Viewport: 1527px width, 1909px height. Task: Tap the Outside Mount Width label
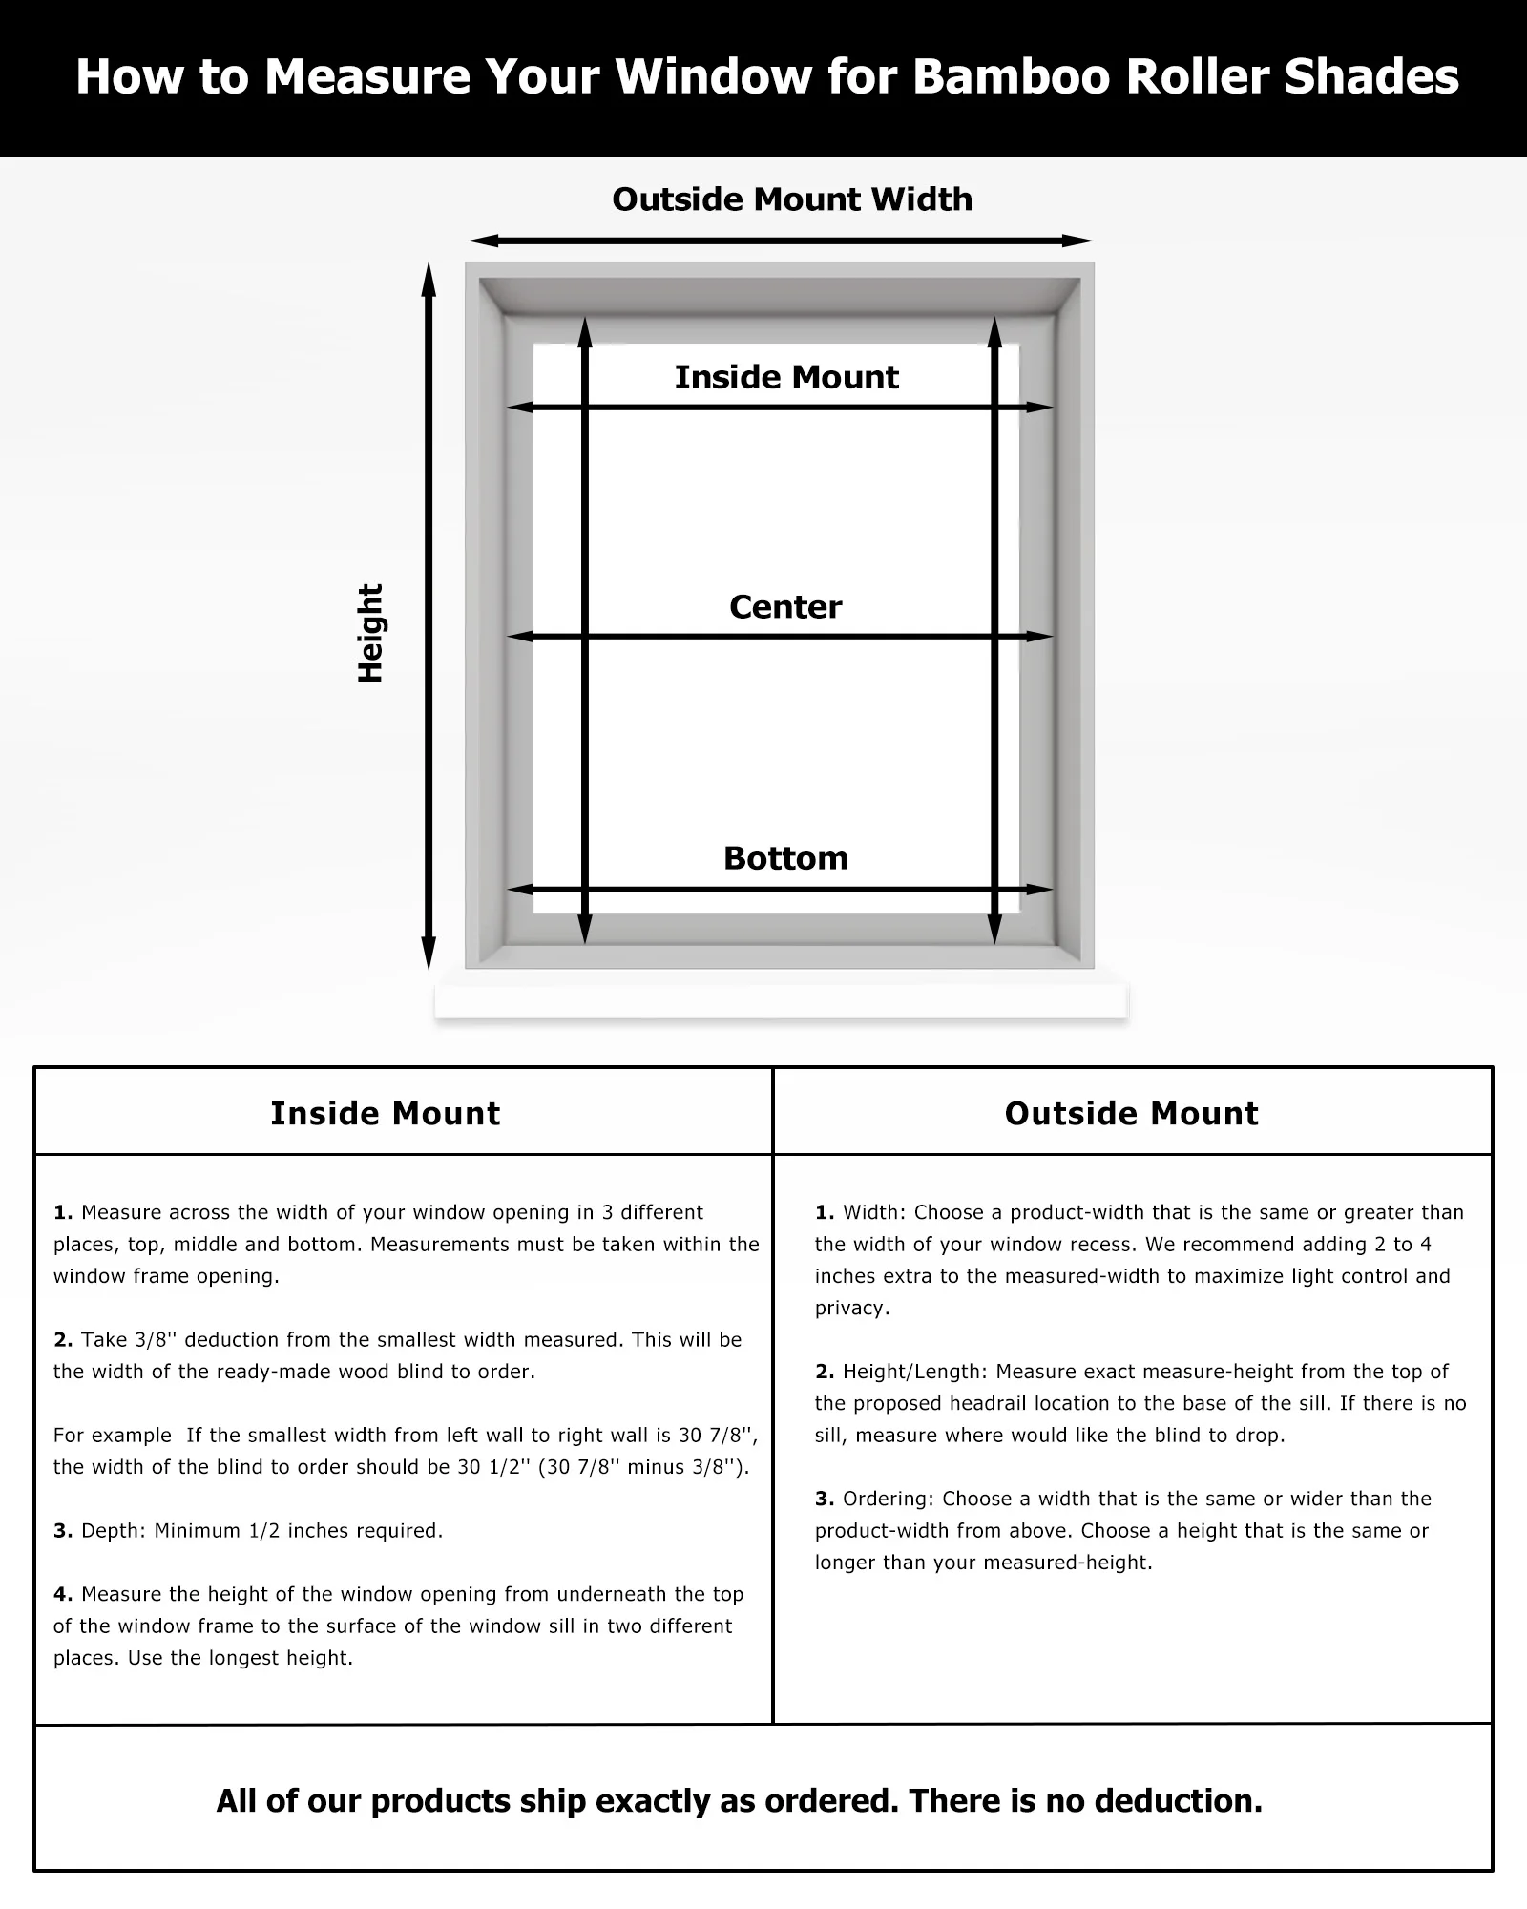tap(792, 199)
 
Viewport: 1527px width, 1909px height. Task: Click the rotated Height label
tap(370, 633)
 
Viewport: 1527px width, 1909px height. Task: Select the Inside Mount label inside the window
tap(786, 377)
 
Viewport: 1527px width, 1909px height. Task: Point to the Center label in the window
tap(785, 607)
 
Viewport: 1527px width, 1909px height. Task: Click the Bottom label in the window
tap(785, 858)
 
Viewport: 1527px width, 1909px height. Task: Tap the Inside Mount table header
tap(385, 1113)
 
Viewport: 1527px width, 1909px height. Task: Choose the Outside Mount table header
tap(1131, 1113)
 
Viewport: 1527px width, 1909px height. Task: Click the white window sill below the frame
tap(781, 1000)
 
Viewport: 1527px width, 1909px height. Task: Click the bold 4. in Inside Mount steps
tap(63, 1594)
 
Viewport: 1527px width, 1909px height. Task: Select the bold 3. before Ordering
tap(825, 1499)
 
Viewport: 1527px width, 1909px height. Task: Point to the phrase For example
tap(113, 1435)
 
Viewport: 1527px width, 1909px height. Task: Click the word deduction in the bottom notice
tap(1178, 1801)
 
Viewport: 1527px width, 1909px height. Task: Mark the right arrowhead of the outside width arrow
tap(1080, 241)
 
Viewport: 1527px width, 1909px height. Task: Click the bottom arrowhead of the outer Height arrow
tap(429, 954)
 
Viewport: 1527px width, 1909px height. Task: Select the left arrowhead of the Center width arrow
tap(518, 637)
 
